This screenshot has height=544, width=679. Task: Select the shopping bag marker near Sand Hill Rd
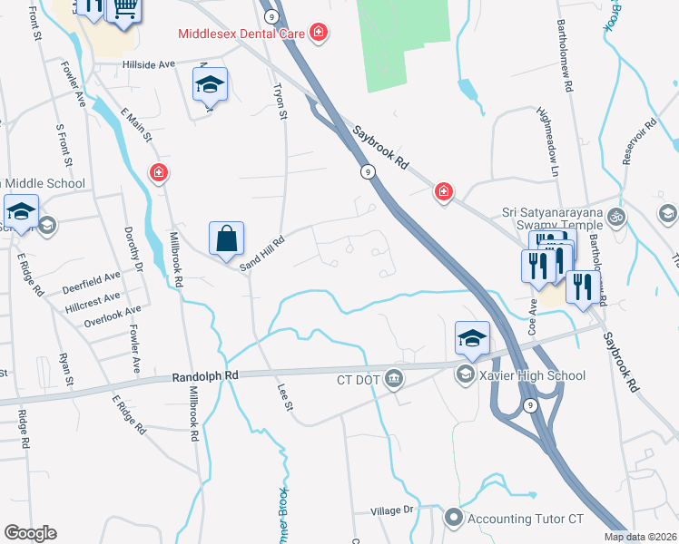(227, 239)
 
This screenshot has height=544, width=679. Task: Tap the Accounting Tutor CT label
(525, 519)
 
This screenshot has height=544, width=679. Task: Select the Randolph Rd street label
(205, 374)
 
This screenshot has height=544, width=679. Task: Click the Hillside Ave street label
(149, 65)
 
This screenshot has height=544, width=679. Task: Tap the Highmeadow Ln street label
(554, 141)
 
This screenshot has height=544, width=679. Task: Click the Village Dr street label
(392, 511)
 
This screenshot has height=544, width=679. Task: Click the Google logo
(30, 533)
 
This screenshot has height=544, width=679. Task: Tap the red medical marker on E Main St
(159, 172)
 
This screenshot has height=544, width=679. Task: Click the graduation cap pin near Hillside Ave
(210, 86)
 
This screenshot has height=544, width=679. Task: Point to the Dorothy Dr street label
(133, 248)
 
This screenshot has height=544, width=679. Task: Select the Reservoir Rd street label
(639, 141)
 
